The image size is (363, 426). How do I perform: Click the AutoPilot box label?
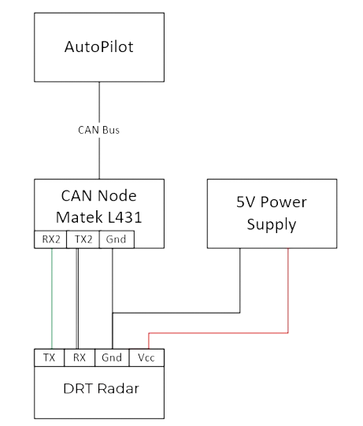pyautogui.click(x=99, y=46)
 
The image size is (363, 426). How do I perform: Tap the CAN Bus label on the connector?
pyautogui.click(x=99, y=130)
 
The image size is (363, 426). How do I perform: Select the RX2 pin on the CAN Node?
pyautogui.click(x=50, y=239)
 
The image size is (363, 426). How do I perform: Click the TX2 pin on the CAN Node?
pyautogui.click(x=83, y=239)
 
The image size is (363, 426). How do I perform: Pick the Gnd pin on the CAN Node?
pyautogui.click(x=117, y=239)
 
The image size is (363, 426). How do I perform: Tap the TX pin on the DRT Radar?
pyautogui.click(x=49, y=357)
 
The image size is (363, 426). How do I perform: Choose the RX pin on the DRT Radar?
pyautogui.click(x=80, y=357)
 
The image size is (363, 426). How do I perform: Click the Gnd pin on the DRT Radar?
pyautogui.click(x=112, y=357)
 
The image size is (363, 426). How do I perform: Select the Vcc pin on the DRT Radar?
pyautogui.click(x=146, y=357)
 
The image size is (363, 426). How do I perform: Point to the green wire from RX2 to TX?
pyautogui.click(x=52, y=298)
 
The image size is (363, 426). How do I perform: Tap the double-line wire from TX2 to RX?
pyautogui.click(x=77, y=298)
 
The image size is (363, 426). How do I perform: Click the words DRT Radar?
pyautogui.click(x=101, y=388)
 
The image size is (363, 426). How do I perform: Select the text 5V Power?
pyautogui.click(x=272, y=202)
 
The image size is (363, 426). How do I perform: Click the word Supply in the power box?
pyautogui.click(x=272, y=224)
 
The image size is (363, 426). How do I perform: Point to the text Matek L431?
pyautogui.click(x=99, y=217)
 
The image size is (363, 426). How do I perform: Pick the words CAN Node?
pyautogui.click(x=99, y=195)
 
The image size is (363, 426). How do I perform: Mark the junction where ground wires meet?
pyautogui.click(x=113, y=313)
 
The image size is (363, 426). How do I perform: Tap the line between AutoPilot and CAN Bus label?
pyautogui.click(x=99, y=102)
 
